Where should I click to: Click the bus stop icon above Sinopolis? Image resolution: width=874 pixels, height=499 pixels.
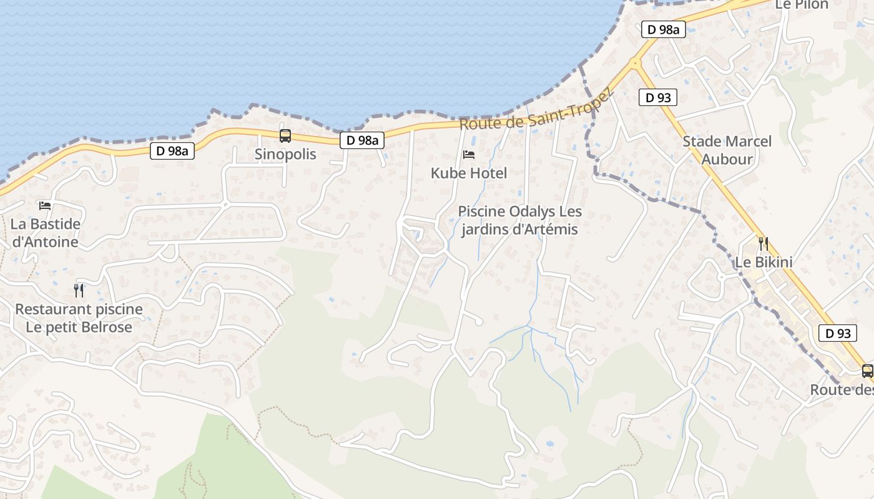pos(285,135)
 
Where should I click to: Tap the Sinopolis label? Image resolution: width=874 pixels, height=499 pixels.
pos(285,154)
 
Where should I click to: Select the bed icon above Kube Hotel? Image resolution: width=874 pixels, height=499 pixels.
pos(469,154)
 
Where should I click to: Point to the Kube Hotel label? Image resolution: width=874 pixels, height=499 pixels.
pos(469,173)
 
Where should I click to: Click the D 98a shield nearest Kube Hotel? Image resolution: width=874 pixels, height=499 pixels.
pos(363,140)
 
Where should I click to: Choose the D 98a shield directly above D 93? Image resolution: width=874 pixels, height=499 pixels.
pos(663,29)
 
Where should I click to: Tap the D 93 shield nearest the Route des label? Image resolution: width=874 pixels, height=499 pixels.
pos(838,333)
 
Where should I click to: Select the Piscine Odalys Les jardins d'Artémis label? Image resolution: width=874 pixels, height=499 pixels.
pos(520,220)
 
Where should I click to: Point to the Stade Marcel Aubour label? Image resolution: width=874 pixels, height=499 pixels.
pos(727,150)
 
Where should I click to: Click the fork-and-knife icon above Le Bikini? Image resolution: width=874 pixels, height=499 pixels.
pos(763,243)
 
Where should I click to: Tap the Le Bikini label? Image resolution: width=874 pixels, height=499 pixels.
pos(763,262)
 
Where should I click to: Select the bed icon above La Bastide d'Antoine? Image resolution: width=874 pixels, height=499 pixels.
pos(45,205)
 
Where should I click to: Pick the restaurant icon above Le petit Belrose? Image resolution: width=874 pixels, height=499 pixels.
pos(79,290)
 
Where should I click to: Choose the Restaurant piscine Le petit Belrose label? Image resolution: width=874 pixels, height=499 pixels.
pos(79,318)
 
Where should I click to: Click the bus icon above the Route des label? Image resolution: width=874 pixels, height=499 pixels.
pos(867,371)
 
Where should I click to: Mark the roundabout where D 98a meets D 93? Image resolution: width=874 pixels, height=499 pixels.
pos(635,63)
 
